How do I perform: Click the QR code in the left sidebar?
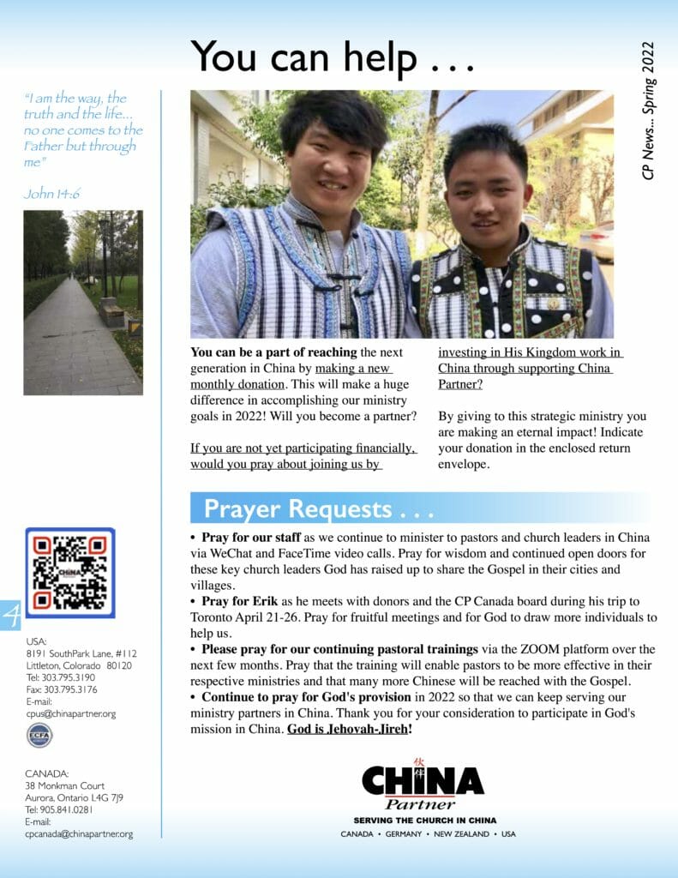coord(69,573)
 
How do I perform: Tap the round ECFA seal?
coord(38,735)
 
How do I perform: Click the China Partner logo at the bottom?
coord(422,785)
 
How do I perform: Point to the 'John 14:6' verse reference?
coord(53,195)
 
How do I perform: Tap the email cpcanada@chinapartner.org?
coord(79,833)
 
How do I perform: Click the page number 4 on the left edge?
coord(10,616)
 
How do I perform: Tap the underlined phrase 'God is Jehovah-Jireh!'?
coord(350,729)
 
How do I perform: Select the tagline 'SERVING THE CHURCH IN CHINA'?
coord(424,821)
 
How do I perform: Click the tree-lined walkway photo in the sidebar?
coord(82,303)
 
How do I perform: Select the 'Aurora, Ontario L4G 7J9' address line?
coord(74,797)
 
